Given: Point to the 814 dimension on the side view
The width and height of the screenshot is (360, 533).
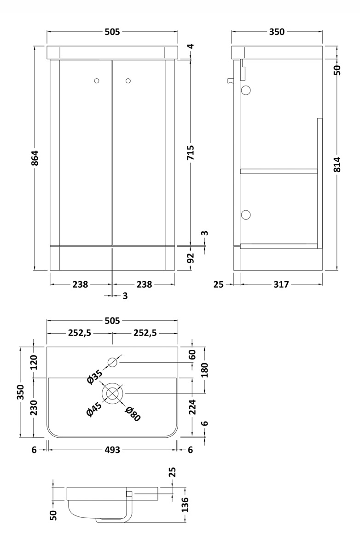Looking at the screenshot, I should [337, 165].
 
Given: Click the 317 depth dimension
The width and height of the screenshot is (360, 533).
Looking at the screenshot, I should [281, 284].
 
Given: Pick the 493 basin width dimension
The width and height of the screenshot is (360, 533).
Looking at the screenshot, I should [112, 450].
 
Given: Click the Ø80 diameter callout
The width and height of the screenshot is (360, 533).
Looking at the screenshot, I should [133, 414].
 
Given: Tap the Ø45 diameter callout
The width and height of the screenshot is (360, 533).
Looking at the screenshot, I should [94, 409].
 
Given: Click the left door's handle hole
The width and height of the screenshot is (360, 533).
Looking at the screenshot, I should [96, 81].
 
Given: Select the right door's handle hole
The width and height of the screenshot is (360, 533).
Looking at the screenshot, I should [128, 81].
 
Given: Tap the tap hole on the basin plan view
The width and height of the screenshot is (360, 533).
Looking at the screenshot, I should [113, 362].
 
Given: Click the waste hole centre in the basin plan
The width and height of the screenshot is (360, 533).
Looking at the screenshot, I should [113, 394].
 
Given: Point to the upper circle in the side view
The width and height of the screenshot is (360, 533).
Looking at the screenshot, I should [246, 90].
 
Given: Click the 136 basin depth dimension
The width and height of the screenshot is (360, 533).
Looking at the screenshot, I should [185, 505].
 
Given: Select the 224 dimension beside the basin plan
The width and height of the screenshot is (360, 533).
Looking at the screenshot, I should [192, 406].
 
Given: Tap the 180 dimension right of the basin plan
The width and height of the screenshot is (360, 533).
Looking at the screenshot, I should [205, 369].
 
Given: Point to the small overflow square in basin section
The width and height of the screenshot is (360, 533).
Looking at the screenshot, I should [129, 494].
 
